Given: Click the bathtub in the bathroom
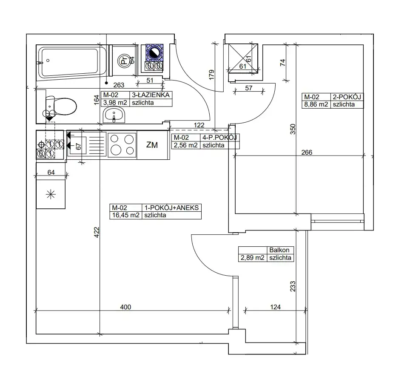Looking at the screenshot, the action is (x=71, y=63).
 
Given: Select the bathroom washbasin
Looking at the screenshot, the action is (x=114, y=115).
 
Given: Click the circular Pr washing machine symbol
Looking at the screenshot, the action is (x=124, y=61).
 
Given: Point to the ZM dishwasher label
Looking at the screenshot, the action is (x=152, y=145).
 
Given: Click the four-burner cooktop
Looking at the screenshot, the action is (x=122, y=145).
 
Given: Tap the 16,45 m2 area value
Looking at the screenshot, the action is (x=125, y=215).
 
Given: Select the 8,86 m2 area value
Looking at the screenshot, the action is (x=316, y=104).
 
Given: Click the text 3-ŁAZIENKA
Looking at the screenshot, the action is (x=151, y=95).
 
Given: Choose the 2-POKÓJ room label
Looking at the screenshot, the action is (x=347, y=97).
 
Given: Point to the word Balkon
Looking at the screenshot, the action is (x=279, y=250).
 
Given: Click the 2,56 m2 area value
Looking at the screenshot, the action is (x=186, y=145).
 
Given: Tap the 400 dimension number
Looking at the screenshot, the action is (x=125, y=307).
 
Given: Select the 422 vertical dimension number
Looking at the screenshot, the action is (x=97, y=232).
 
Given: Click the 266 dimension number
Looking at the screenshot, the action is (x=307, y=153).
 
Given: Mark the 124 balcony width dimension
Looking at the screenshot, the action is (x=275, y=307).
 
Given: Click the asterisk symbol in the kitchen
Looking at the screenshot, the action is (x=51, y=194).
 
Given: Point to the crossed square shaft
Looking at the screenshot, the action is (x=243, y=58).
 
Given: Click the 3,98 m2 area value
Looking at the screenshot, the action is (x=115, y=103).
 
